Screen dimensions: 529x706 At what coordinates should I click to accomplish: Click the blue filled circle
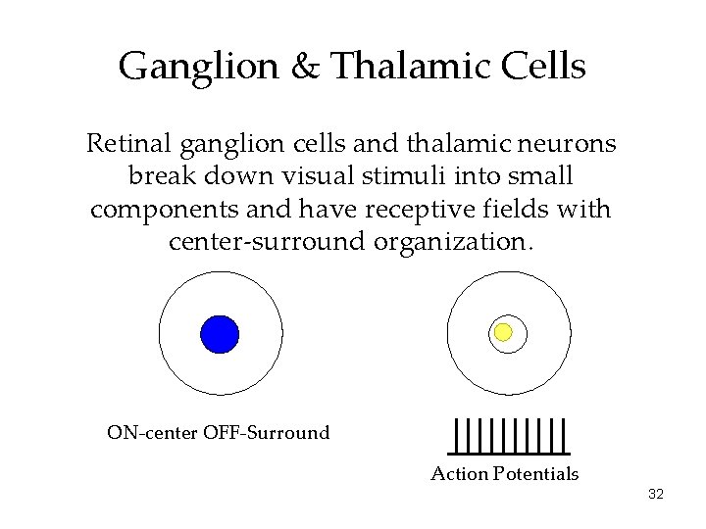tap(220, 334)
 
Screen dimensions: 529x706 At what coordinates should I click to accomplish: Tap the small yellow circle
tap(503, 332)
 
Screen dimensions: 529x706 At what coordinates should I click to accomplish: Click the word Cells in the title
tap(547, 67)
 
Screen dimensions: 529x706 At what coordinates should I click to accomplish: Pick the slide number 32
tap(656, 495)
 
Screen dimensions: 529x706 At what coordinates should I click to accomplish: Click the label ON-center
tap(153, 433)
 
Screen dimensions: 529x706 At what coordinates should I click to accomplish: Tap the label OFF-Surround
tap(266, 433)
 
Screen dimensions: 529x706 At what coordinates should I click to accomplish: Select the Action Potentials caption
tap(505, 474)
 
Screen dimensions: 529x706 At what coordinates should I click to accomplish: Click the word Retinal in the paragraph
tap(129, 144)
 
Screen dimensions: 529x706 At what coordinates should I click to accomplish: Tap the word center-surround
tap(268, 241)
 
